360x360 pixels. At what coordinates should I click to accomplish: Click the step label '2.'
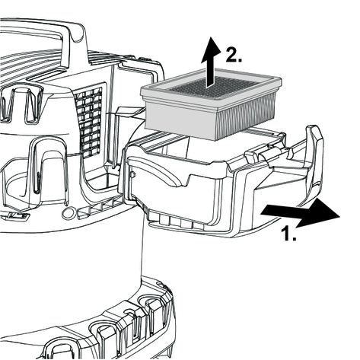(x=234, y=55)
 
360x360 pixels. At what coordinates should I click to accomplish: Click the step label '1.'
(x=288, y=234)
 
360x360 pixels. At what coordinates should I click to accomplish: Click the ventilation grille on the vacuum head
(x=89, y=123)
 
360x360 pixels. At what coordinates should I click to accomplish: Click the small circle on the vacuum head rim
(x=67, y=212)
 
